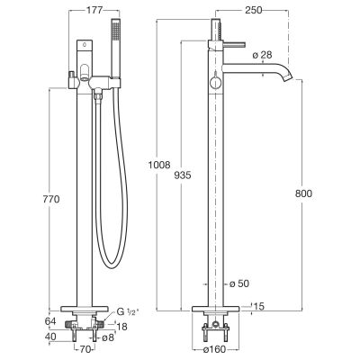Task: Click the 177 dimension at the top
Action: click(x=94, y=10)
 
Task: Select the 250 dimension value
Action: click(x=254, y=10)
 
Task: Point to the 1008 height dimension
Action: click(x=159, y=165)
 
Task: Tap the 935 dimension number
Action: click(x=183, y=175)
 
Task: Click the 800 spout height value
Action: click(x=303, y=193)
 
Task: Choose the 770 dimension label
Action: click(x=51, y=199)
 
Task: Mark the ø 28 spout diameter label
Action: click(x=262, y=55)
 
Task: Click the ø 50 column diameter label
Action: click(x=239, y=283)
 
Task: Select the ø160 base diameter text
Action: click(x=215, y=349)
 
